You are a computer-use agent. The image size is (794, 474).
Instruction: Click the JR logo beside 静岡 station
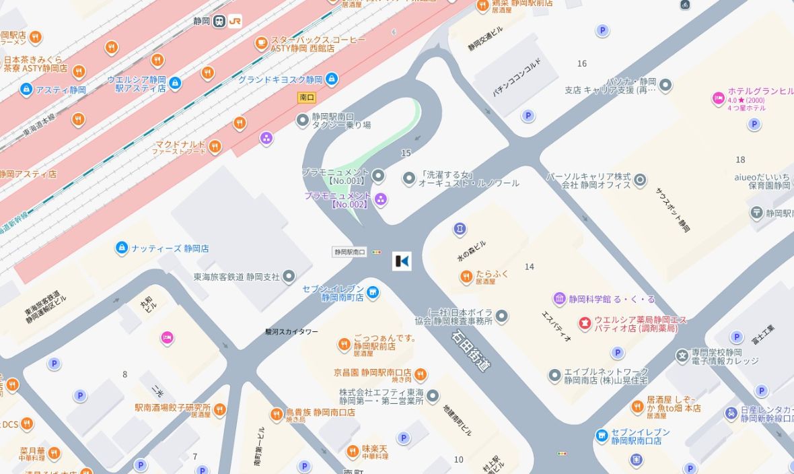click(235, 21)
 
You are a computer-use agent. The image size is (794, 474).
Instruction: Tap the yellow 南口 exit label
click(307, 98)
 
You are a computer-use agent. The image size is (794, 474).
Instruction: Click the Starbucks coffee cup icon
click(261, 44)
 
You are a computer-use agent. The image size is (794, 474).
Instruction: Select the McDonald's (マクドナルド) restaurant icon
click(215, 146)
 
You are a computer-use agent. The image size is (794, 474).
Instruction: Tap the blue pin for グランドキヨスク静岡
click(332, 79)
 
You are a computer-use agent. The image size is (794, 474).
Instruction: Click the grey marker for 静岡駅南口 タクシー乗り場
click(303, 120)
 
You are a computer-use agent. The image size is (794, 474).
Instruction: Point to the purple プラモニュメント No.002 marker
click(380, 199)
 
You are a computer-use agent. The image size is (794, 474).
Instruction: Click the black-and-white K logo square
click(402, 261)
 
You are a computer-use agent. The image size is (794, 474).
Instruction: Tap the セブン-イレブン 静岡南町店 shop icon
click(373, 292)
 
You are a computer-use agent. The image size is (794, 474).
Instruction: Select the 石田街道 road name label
click(471, 350)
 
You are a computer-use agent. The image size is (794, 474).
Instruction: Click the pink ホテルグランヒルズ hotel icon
click(719, 99)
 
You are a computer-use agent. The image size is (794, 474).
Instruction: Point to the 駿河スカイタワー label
click(291, 332)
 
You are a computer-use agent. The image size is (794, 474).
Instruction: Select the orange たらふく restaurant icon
click(466, 276)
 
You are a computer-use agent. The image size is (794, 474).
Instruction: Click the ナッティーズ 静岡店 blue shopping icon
click(122, 248)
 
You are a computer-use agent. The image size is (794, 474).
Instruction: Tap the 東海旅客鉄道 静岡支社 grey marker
click(289, 276)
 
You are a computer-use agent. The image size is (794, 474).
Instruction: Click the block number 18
click(740, 160)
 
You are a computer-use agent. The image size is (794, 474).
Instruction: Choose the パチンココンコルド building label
click(516, 79)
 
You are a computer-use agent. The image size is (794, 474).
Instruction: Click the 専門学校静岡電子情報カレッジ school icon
click(682, 355)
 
